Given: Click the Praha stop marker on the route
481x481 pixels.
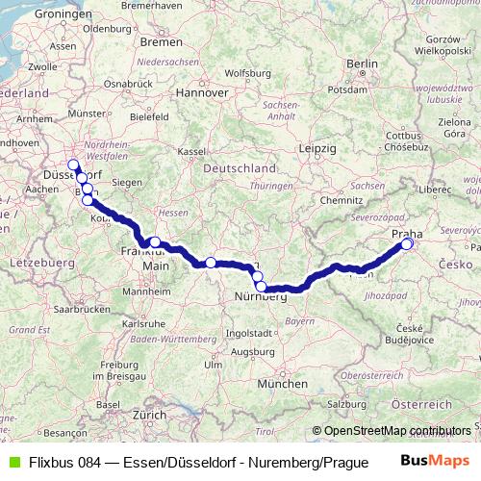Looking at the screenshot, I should click(x=407, y=244).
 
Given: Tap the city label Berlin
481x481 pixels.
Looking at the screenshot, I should click(x=362, y=63).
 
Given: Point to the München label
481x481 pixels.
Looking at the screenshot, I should click(x=283, y=383).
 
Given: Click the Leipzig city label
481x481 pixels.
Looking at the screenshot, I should click(x=316, y=149).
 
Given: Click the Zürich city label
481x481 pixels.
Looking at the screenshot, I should click(x=150, y=415).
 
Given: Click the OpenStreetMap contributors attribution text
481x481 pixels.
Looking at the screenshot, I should click(x=397, y=430).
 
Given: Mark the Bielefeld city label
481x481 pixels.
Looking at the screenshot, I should click(x=148, y=116).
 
